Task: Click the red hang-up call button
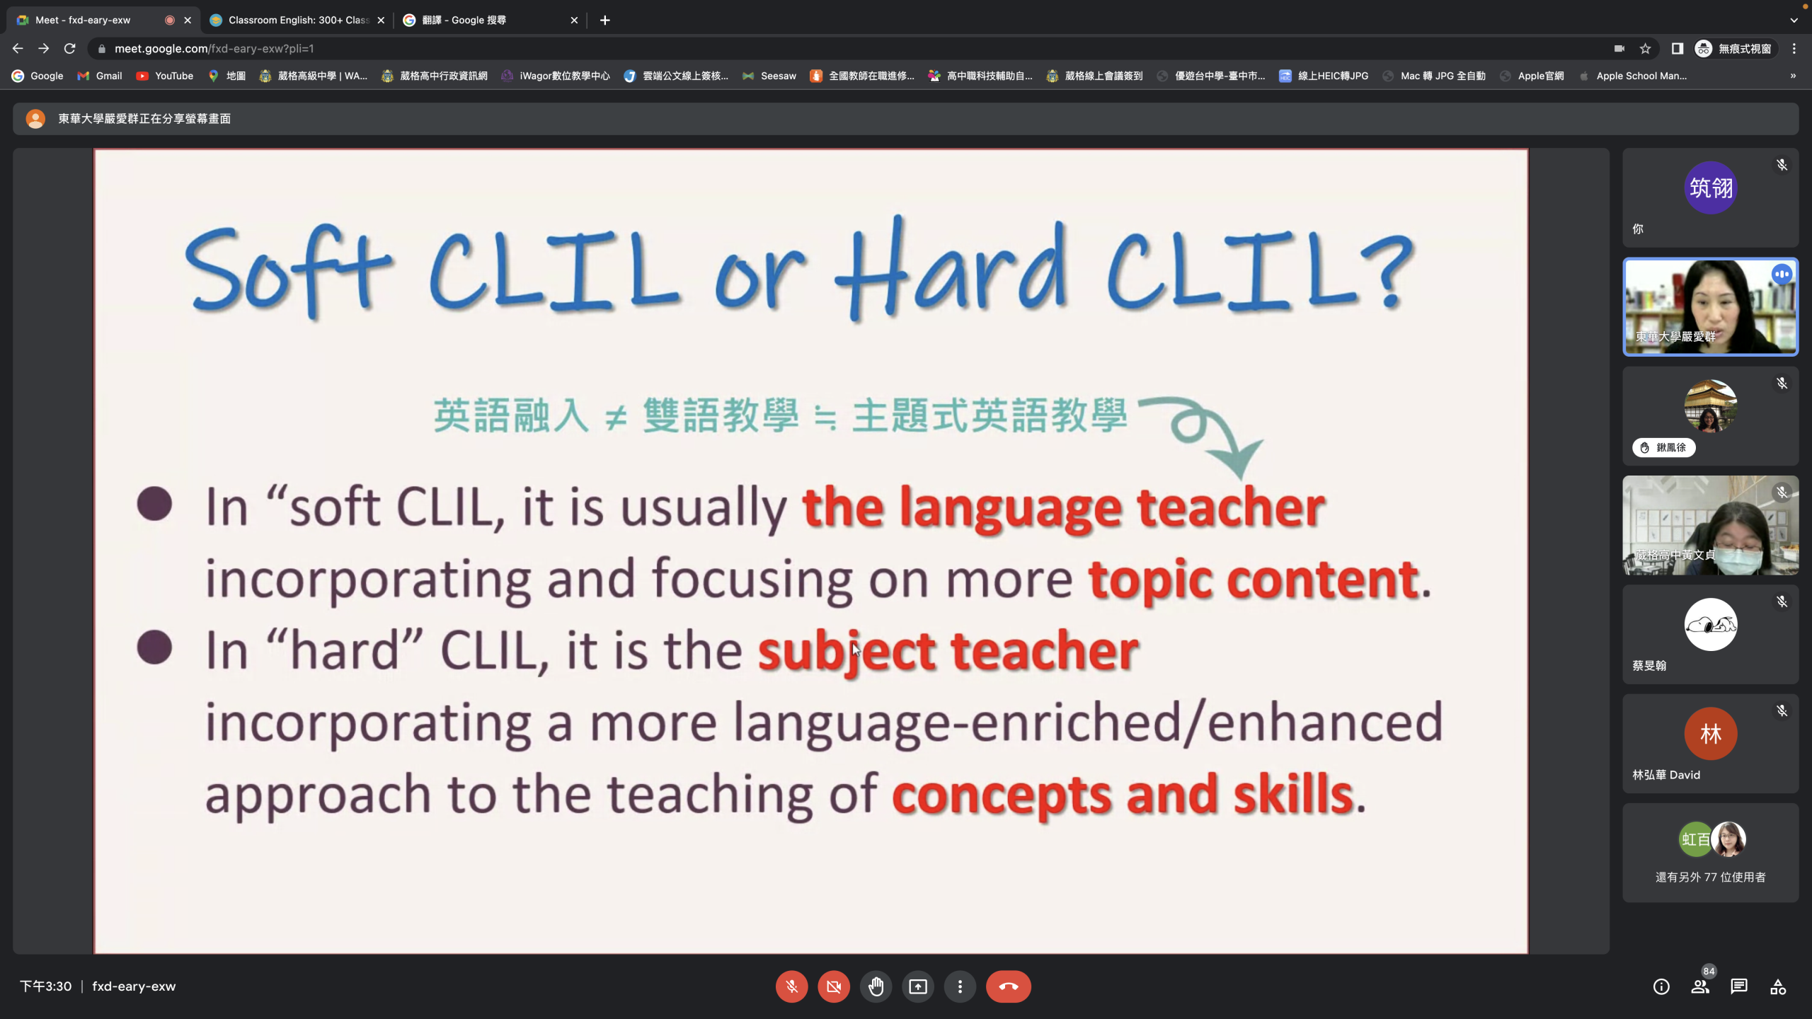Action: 1008,986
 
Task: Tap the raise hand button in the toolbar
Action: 876,986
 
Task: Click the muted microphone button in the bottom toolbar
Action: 791,986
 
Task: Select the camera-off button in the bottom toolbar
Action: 834,986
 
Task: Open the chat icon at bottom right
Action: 1739,986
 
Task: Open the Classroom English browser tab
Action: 298,20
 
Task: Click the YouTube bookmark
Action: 165,76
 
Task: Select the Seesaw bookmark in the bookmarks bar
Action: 769,76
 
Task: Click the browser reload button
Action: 69,48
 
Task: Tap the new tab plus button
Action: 604,20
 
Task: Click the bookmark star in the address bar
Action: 1646,48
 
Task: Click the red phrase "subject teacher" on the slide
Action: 948,652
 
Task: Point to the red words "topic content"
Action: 1254,580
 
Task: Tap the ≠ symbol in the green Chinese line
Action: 616,418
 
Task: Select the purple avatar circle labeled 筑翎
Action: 1710,188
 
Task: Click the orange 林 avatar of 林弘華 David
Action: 1710,734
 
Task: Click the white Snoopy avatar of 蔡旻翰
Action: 1710,625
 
